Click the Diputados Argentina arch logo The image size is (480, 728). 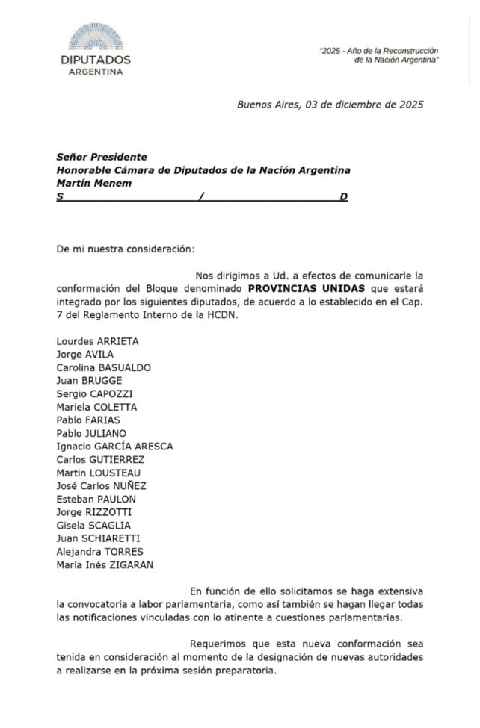(96, 38)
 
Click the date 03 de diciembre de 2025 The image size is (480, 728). (364, 105)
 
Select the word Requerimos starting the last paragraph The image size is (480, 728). (218, 644)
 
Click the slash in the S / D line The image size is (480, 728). (200, 197)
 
